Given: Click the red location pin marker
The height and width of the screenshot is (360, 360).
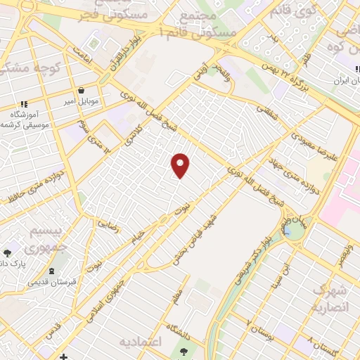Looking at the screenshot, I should (x=181, y=165).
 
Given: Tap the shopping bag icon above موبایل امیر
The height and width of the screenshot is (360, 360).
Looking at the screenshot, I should (x=82, y=90).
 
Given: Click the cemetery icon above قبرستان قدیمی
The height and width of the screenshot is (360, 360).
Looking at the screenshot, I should (x=51, y=271).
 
